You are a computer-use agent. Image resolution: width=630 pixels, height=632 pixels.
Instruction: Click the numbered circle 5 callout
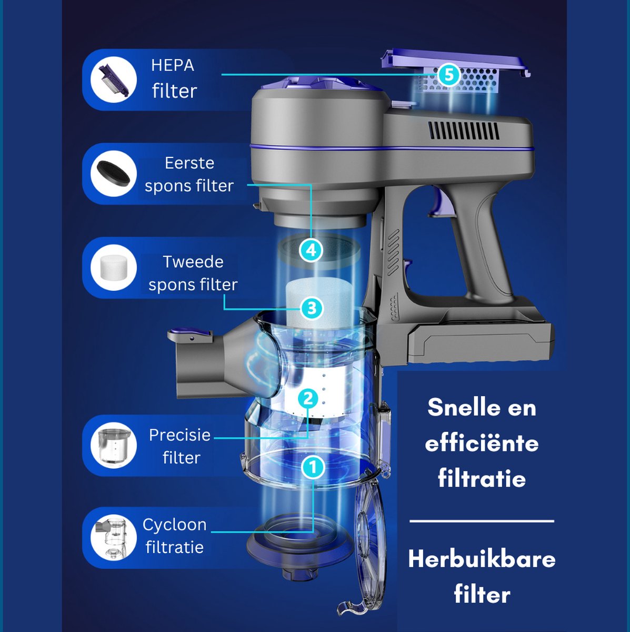[x=449, y=75]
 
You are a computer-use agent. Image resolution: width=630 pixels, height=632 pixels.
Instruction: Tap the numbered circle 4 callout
[x=311, y=251]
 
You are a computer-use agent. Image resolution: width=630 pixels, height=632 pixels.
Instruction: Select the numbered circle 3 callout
[x=312, y=308]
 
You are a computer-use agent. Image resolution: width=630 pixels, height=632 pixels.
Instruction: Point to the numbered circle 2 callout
[x=308, y=399]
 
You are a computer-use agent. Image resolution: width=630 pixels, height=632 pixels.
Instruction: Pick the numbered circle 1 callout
[x=313, y=467]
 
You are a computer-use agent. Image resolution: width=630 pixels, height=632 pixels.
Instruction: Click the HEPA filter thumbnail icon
[x=113, y=80]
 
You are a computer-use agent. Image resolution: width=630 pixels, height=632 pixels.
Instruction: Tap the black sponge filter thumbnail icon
[x=113, y=173]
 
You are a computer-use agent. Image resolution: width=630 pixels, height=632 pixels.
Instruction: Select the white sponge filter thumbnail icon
[x=113, y=268]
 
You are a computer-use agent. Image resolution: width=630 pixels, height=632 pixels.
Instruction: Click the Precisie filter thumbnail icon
[x=113, y=446]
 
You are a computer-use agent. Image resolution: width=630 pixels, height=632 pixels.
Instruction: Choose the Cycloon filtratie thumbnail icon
[x=113, y=538]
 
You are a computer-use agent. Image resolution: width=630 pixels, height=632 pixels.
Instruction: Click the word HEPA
[x=173, y=65]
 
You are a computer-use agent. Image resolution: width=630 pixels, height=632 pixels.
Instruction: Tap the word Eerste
[x=189, y=163]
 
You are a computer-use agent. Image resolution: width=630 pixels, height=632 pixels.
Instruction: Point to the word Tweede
[x=193, y=262]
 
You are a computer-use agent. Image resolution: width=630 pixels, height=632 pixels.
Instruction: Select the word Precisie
[x=179, y=435]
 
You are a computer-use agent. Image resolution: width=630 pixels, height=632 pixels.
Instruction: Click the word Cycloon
[x=175, y=525]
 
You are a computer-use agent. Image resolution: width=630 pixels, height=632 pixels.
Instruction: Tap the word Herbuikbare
[x=482, y=559]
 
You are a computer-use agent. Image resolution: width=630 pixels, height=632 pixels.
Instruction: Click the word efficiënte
[x=482, y=443]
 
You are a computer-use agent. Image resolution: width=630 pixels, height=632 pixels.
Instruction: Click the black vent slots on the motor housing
[x=464, y=131]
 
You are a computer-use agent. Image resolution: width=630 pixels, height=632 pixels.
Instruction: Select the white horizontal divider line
[x=482, y=521]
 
